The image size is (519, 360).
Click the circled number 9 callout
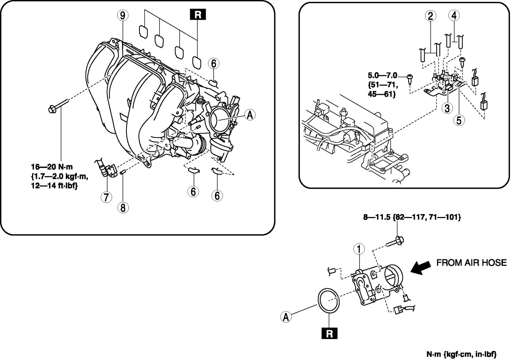122,15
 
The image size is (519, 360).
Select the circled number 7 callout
106,197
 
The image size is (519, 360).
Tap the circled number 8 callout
123,207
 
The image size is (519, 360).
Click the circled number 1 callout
359,249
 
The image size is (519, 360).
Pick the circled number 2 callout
430,16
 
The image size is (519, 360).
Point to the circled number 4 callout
454,15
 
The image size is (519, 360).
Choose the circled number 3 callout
447,108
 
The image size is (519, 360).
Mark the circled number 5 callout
459,120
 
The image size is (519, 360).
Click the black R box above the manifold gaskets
198,14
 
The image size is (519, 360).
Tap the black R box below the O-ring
329,333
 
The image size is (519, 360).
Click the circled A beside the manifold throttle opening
250,115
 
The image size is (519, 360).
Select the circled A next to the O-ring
286,317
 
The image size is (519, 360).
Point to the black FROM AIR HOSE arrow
420,268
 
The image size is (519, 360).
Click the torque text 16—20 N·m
52,167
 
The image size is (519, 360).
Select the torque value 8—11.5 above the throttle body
377,217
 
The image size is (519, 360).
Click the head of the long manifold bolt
52,109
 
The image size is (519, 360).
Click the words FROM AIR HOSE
471,262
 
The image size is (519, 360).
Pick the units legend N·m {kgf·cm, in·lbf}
462,354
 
